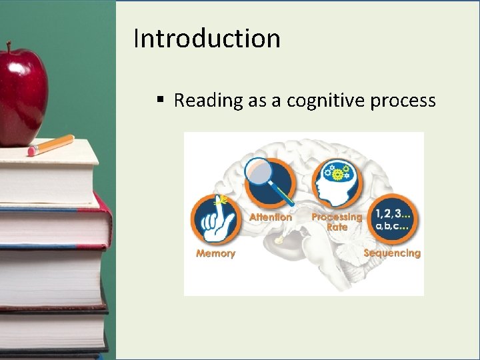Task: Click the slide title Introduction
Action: pos(207,39)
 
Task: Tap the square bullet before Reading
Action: pos(160,100)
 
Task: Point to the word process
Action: pos(404,101)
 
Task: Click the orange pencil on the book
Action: pos(51,145)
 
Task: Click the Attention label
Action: pos(271,217)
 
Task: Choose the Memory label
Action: pos(215,253)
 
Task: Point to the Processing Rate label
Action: pos(337,221)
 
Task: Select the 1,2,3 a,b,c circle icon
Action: pos(392,219)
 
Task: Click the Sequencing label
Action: pos(392,253)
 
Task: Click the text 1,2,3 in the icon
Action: pos(389,213)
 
